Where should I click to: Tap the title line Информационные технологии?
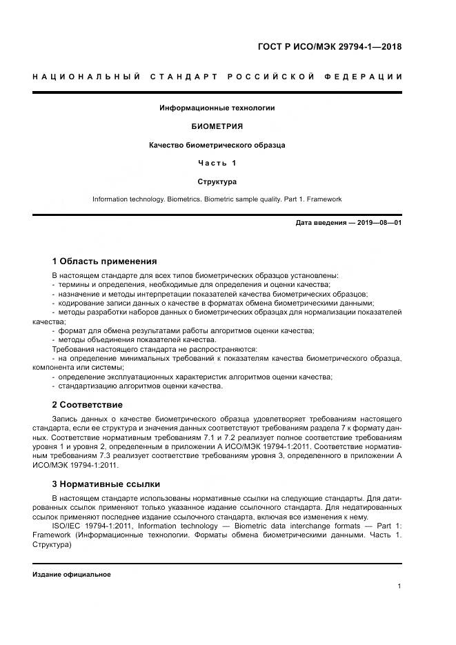217,108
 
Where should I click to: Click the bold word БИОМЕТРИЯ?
217,127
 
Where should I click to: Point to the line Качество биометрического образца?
217,145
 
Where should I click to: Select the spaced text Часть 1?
217,163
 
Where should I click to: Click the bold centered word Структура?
217,181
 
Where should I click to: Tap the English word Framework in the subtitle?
324,199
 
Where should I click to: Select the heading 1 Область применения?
104,261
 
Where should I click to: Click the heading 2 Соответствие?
88,404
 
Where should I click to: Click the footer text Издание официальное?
71,574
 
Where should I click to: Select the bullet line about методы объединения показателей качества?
137,339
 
